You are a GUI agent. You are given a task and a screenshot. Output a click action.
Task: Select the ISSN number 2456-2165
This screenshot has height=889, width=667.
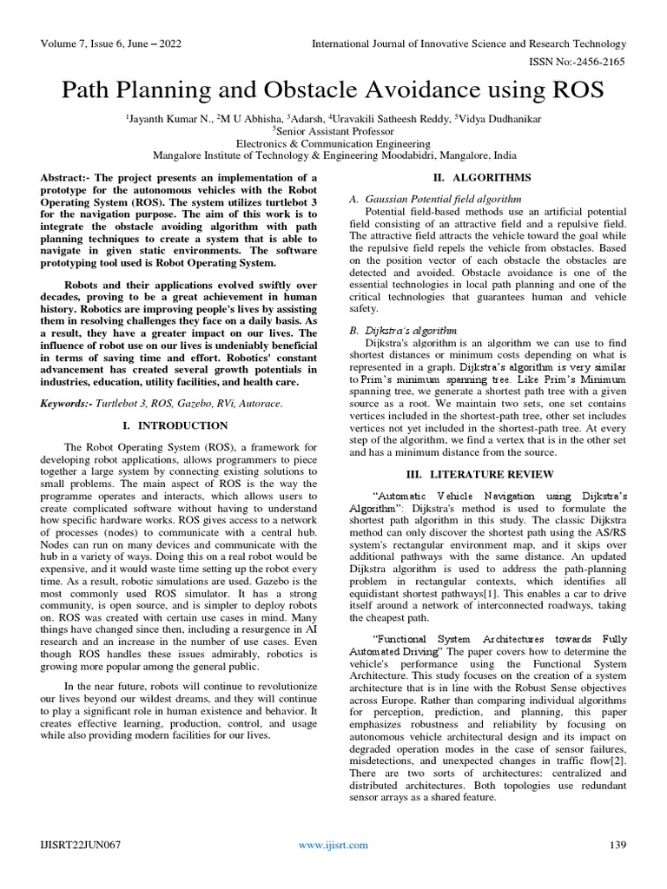600,62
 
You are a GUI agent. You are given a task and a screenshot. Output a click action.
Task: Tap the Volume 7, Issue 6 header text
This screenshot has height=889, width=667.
101,43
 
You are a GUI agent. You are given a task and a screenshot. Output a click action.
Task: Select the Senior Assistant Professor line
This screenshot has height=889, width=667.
334,130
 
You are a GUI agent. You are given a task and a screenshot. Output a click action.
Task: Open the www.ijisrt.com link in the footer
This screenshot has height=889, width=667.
333,845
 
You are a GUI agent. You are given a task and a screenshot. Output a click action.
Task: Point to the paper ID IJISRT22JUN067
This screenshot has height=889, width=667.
80,845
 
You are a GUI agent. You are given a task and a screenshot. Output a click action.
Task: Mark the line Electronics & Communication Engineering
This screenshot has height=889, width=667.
334,143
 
